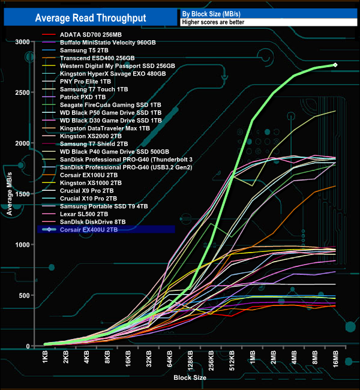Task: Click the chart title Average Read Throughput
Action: pos(91,19)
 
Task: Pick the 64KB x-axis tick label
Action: pos(170,360)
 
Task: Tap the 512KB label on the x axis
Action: pos(232,359)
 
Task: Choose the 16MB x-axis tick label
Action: pos(335,360)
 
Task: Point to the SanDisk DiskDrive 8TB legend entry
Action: pos(97,221)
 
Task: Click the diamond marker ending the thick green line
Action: pos(335,65)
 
